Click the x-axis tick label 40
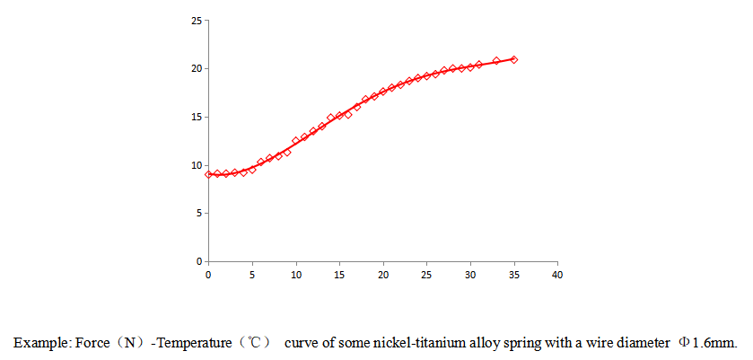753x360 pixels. [x=557, y=275]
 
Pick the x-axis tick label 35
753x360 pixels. [x=513, y=275]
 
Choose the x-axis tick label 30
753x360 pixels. [x=470, y=275]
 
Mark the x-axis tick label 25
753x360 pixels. [x=426, y=275]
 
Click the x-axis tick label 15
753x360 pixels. [x=339, y=275]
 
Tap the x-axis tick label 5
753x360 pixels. [x=252, y=275]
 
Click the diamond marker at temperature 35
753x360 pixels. [x=513, y=59]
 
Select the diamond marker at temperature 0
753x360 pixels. [x=208, y=174]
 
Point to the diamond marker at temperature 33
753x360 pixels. [x=496, y=61]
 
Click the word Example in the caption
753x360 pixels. [x=37, y=343]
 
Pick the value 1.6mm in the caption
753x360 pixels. [x=714, y=343]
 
